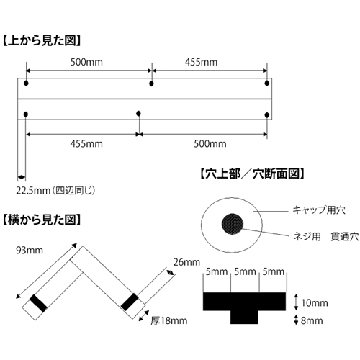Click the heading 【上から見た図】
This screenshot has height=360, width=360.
coord(41,41)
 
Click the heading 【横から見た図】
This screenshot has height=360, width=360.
coord(41,220)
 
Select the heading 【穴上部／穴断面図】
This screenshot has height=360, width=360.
coord(253,174)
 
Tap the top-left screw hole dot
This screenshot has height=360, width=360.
coord(26,84)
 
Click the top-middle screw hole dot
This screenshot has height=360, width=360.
coord(151,84)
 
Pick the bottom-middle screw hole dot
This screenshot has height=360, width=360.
coord(138,113)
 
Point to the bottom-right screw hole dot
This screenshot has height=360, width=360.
coord(266,115)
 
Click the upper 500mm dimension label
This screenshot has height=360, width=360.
coord(86,62)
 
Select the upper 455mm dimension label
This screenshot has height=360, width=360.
coord(201,62)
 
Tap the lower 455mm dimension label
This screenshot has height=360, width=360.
coord(86,144)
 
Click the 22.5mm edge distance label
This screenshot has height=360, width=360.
coord(33,191)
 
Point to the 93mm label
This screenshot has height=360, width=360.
coord(30,251)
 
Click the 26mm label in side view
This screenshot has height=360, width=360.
coord(186,262)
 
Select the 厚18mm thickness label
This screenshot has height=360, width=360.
coord(169,320)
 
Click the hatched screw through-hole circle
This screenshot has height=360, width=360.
coord(233,224)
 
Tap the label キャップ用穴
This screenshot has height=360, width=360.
coord(319,210)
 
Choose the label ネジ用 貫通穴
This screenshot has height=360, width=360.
coord(326,237)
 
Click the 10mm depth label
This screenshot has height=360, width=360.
coord(315,303)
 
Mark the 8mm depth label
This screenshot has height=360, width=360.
coord(312,320)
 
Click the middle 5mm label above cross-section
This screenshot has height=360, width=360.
coord(245,271)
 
